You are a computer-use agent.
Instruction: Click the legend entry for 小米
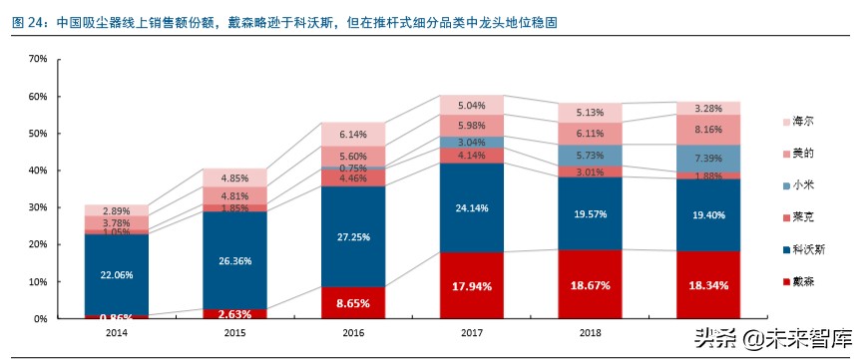click(x=808, y=184)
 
